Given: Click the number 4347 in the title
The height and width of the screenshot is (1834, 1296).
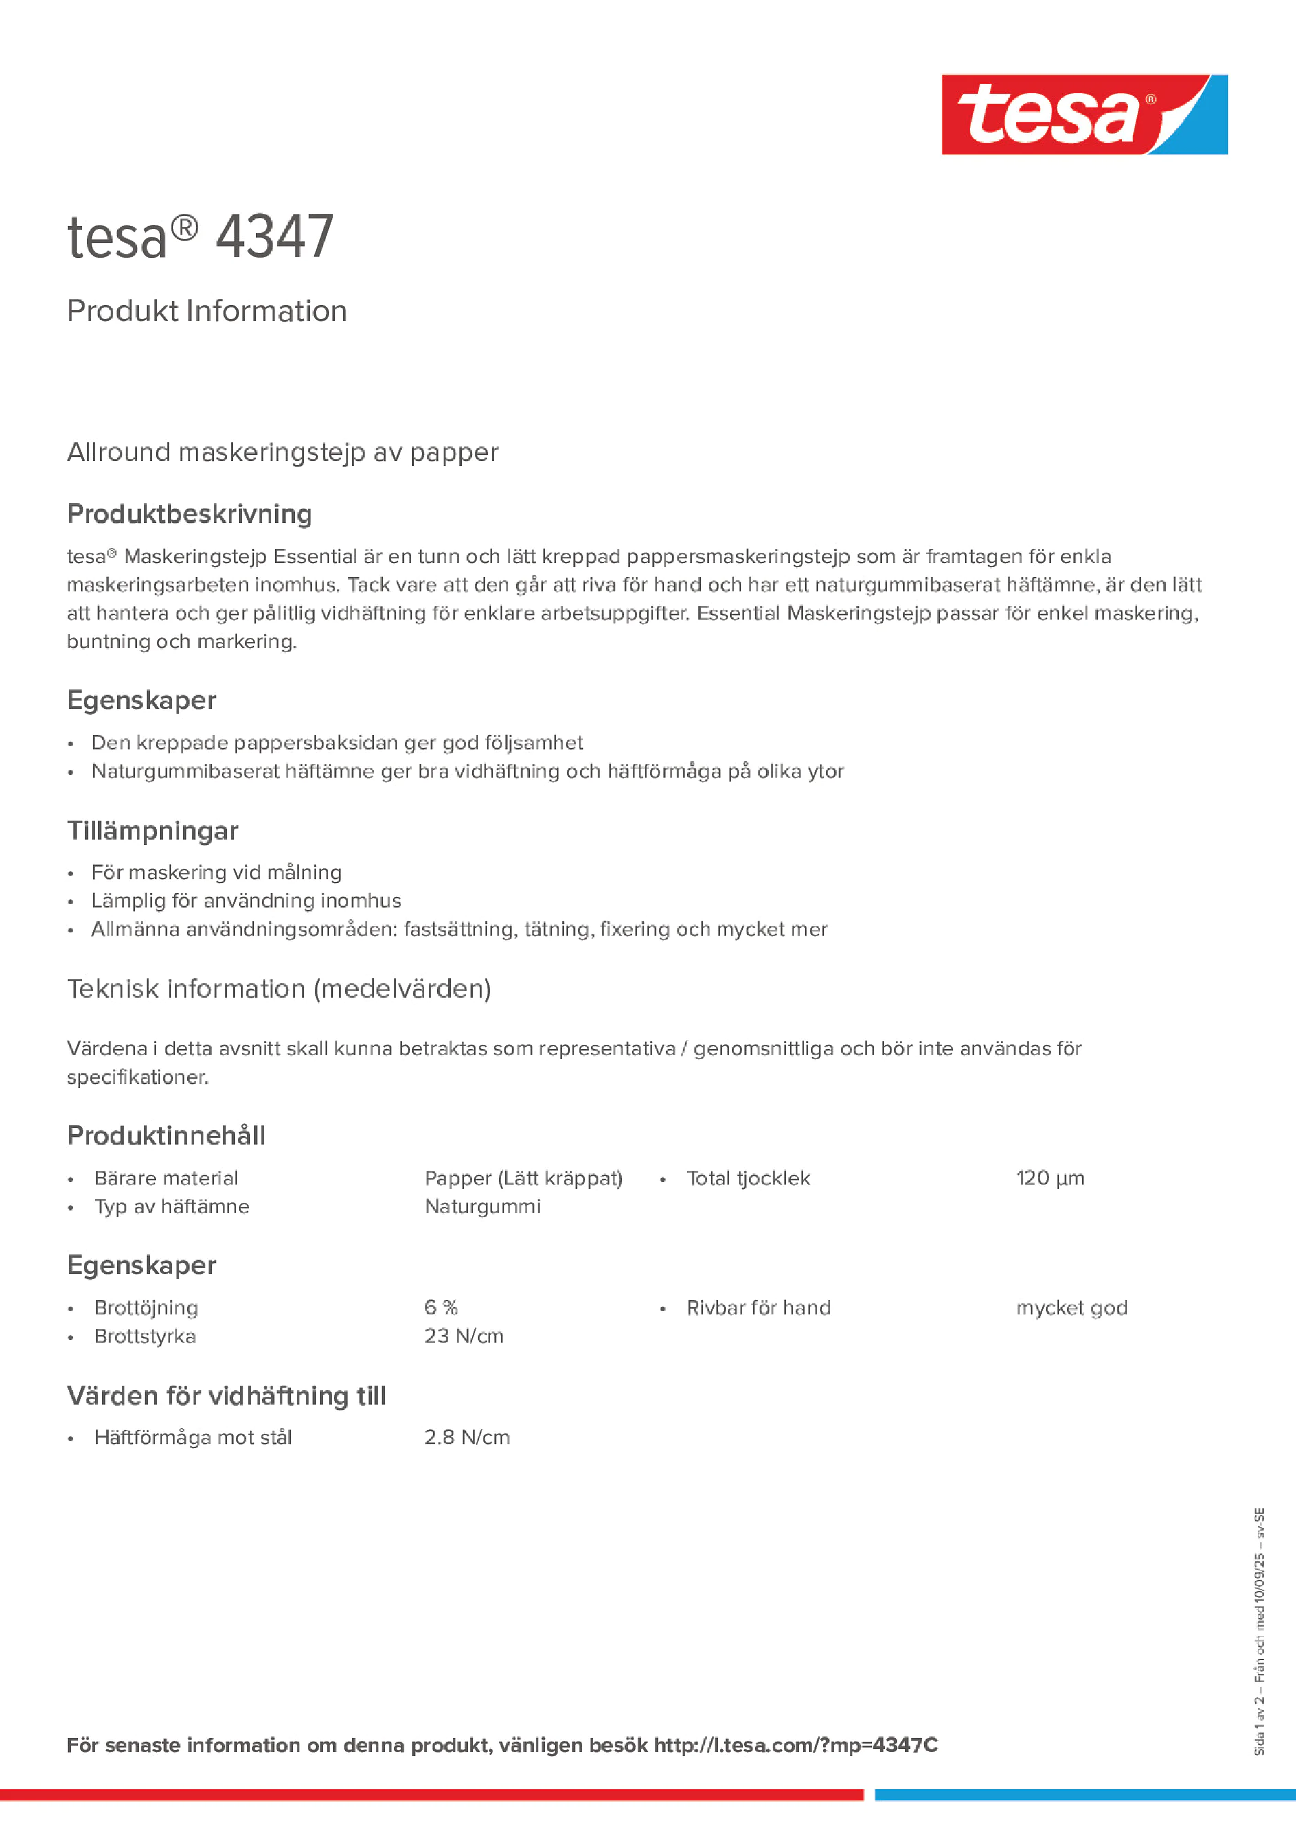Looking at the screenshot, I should pos(274,238).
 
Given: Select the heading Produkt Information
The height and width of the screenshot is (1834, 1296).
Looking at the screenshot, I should pos(207,312).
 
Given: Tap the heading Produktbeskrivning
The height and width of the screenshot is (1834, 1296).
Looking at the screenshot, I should pos(190,514).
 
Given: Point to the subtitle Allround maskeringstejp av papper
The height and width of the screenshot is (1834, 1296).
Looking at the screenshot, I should pos(283,452).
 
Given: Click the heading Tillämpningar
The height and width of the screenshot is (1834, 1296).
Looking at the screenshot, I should pos(152,831).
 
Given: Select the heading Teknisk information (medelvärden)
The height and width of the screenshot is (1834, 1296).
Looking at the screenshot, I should pos(279,989).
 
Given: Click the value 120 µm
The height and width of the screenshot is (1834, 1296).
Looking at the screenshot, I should pos(1050,1178).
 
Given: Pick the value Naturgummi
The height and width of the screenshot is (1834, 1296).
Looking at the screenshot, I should pos(482,1206).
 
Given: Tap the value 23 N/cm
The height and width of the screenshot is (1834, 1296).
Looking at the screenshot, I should pos(464,1336).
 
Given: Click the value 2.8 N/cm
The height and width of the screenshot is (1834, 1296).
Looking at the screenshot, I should pos(466,1438).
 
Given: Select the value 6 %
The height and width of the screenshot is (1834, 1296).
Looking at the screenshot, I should pos(440,1307).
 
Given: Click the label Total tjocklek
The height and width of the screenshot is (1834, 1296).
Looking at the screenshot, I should pos(748,1178).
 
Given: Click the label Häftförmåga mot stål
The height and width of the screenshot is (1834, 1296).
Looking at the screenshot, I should pos(192,1438).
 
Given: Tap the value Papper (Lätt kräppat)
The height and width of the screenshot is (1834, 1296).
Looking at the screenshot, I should pos(523,1178).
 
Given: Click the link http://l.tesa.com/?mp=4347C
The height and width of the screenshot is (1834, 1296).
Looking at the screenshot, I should pos(795,1745).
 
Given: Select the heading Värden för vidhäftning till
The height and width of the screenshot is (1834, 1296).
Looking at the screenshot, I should pos(226,1395).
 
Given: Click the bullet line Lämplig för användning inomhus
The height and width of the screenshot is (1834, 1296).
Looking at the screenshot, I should pos(246,901).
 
